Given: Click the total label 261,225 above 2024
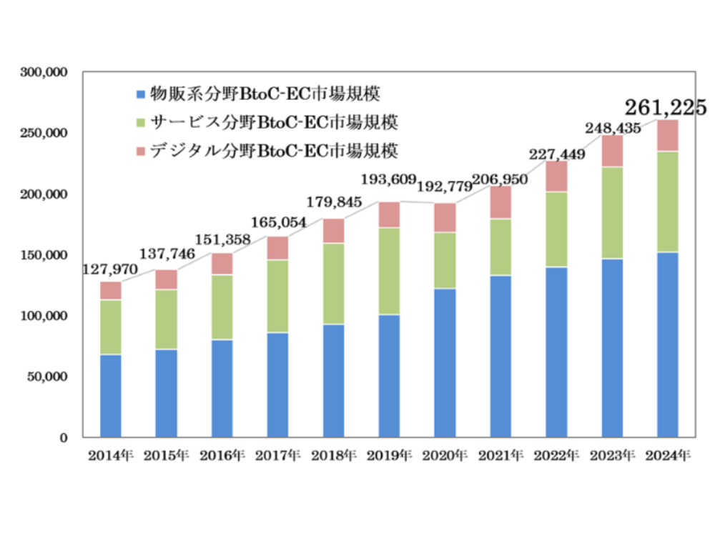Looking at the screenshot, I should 666,107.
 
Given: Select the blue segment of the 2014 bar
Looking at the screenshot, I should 110,395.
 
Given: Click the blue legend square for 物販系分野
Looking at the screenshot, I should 140,94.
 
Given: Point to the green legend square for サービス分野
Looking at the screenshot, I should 140,122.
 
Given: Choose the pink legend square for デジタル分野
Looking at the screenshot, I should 140,151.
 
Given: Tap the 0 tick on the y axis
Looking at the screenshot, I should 64,437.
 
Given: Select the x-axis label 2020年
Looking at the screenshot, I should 445,456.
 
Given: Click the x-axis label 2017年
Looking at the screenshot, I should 277,456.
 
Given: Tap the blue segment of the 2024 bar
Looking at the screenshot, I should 667,344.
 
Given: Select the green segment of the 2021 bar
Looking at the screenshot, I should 500,247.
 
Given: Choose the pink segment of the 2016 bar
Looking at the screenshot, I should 222,264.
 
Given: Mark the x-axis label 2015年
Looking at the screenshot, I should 166,456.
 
